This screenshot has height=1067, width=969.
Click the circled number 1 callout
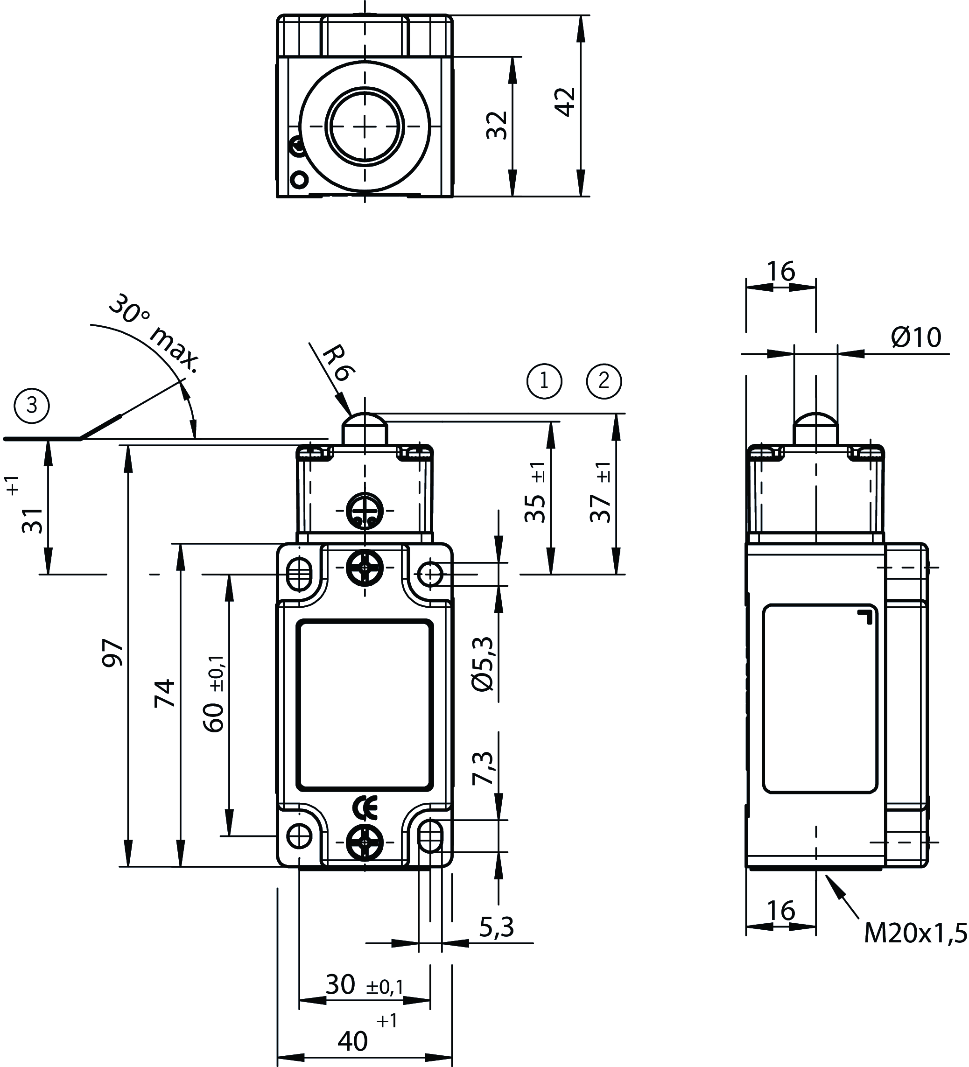pos(544,381)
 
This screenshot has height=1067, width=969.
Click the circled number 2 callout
pos(604,381)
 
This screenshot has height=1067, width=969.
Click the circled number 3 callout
pos(32,406)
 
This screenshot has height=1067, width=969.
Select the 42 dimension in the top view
pos(565,102)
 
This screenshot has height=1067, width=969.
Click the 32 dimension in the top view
pos(498,125)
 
